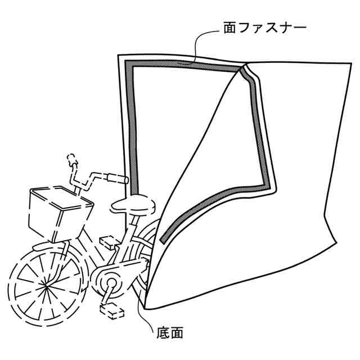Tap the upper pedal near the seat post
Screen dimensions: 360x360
tap(109, 242)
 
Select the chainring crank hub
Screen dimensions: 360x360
tap(108, 280)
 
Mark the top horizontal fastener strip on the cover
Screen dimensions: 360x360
tap(186, 66)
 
